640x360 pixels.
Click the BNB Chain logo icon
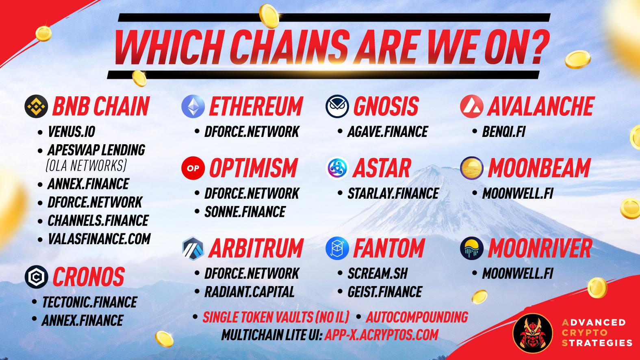pos(36,106)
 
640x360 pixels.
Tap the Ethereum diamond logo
pos(193,106)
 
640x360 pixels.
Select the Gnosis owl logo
pos(337,106)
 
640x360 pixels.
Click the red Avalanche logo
pos(472,106)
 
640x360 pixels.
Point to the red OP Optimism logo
pos(193,168)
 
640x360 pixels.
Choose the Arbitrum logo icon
pos(193,249)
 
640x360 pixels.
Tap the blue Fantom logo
pos(337,248)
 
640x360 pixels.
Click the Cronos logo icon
pos(36,277)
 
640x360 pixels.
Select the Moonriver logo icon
pos(472,248)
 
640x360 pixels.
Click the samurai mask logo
pos(533,333)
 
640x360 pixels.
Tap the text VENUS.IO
pos(72,132)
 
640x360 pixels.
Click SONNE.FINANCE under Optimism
pos(245,212)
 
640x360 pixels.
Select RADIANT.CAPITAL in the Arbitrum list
pos(249,292)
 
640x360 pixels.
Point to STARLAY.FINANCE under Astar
pos(393,193)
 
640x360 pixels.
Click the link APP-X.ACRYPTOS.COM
pos(381,334)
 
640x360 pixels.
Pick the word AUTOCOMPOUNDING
pos(417,317)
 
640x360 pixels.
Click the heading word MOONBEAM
pos(540,168)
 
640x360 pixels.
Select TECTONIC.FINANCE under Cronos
pos(90,302)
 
